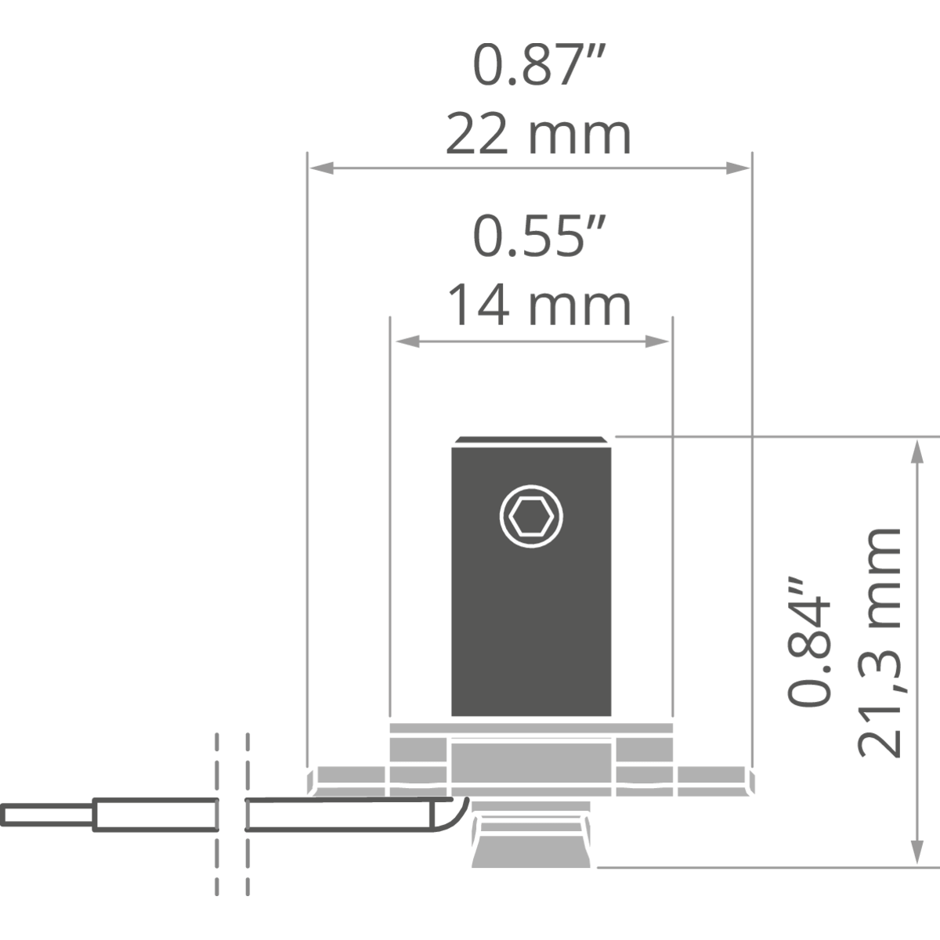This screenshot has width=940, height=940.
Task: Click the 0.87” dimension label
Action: (x=539, y=65)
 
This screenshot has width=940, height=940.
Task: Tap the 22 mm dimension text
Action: (x=538, y=134)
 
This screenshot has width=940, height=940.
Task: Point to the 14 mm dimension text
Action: (x=539, y=305)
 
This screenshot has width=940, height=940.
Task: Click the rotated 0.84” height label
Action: (x=808, y=641)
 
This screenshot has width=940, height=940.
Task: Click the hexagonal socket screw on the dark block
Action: (x=531, y=516)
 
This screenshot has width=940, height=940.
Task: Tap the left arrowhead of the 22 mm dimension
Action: (x=322, y=168)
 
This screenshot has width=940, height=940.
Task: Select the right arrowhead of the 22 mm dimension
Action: (x=738, y=168)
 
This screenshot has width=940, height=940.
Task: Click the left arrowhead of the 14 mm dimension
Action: (x=407, y=342)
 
